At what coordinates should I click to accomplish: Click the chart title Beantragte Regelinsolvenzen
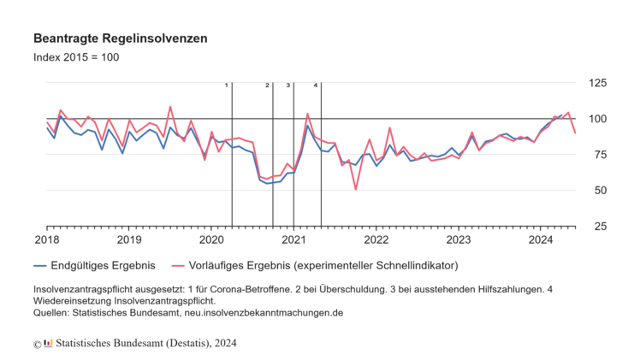(x=120, y=39)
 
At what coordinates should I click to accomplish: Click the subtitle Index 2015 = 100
(x=76, y=57)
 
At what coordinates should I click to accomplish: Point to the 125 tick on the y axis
(x=596, y=83)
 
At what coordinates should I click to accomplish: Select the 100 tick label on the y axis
(x=596, y=119)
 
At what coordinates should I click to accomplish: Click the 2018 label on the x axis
(x=47, y=240)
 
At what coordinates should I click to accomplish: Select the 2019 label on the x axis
(x=129, y=240)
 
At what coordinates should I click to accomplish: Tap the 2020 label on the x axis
(x=211, y=240)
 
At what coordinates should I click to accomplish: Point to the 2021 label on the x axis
(x=293, y=240)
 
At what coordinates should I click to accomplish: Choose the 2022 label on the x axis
(x=376, y=240)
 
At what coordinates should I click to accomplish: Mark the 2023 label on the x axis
(x=459, y=240)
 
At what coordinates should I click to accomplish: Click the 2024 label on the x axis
(x=541, y=240)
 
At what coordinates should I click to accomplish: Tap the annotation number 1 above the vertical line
(x=227, y=86)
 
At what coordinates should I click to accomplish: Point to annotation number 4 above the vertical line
(x=316, y=86)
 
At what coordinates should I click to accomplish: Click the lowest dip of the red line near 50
(x=356, y=189)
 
